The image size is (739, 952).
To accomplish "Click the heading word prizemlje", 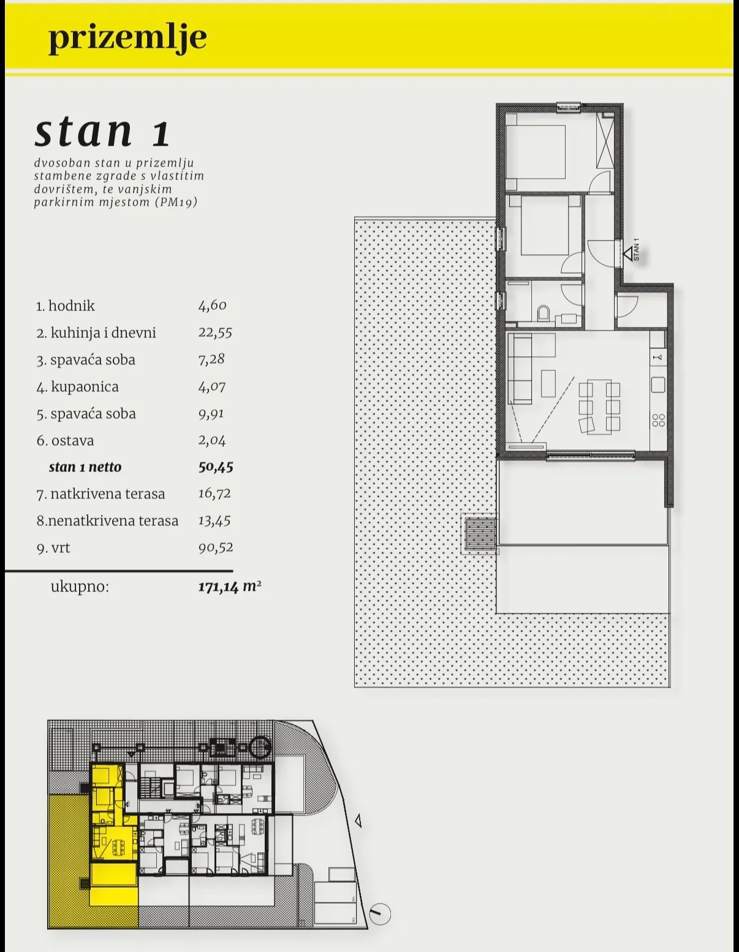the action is click(x=127, y=39).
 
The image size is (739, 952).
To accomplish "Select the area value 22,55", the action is click(x=214, y=332).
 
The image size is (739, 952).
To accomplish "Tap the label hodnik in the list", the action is click(x=72, y=305).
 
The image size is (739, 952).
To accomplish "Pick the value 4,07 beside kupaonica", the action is click(x=211, y=387).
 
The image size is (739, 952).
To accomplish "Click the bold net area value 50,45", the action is click(x=216, y=467).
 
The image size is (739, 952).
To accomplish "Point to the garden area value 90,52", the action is click(x=216, y=548).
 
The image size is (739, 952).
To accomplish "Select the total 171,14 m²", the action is click(x=230, y=587).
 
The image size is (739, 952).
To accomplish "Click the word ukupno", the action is click(x=80, y=587).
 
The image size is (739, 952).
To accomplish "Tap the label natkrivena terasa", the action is click(x=108, y=494).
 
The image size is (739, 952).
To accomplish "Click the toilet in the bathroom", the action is click(x=544, y=313).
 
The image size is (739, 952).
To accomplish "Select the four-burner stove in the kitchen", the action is click(x=658, y=420).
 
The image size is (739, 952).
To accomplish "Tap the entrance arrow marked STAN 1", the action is click(x=629, y=253).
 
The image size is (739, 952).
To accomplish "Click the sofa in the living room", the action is click(x=520, y=368).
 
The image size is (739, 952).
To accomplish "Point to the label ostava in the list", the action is click(x=73, y=440).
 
